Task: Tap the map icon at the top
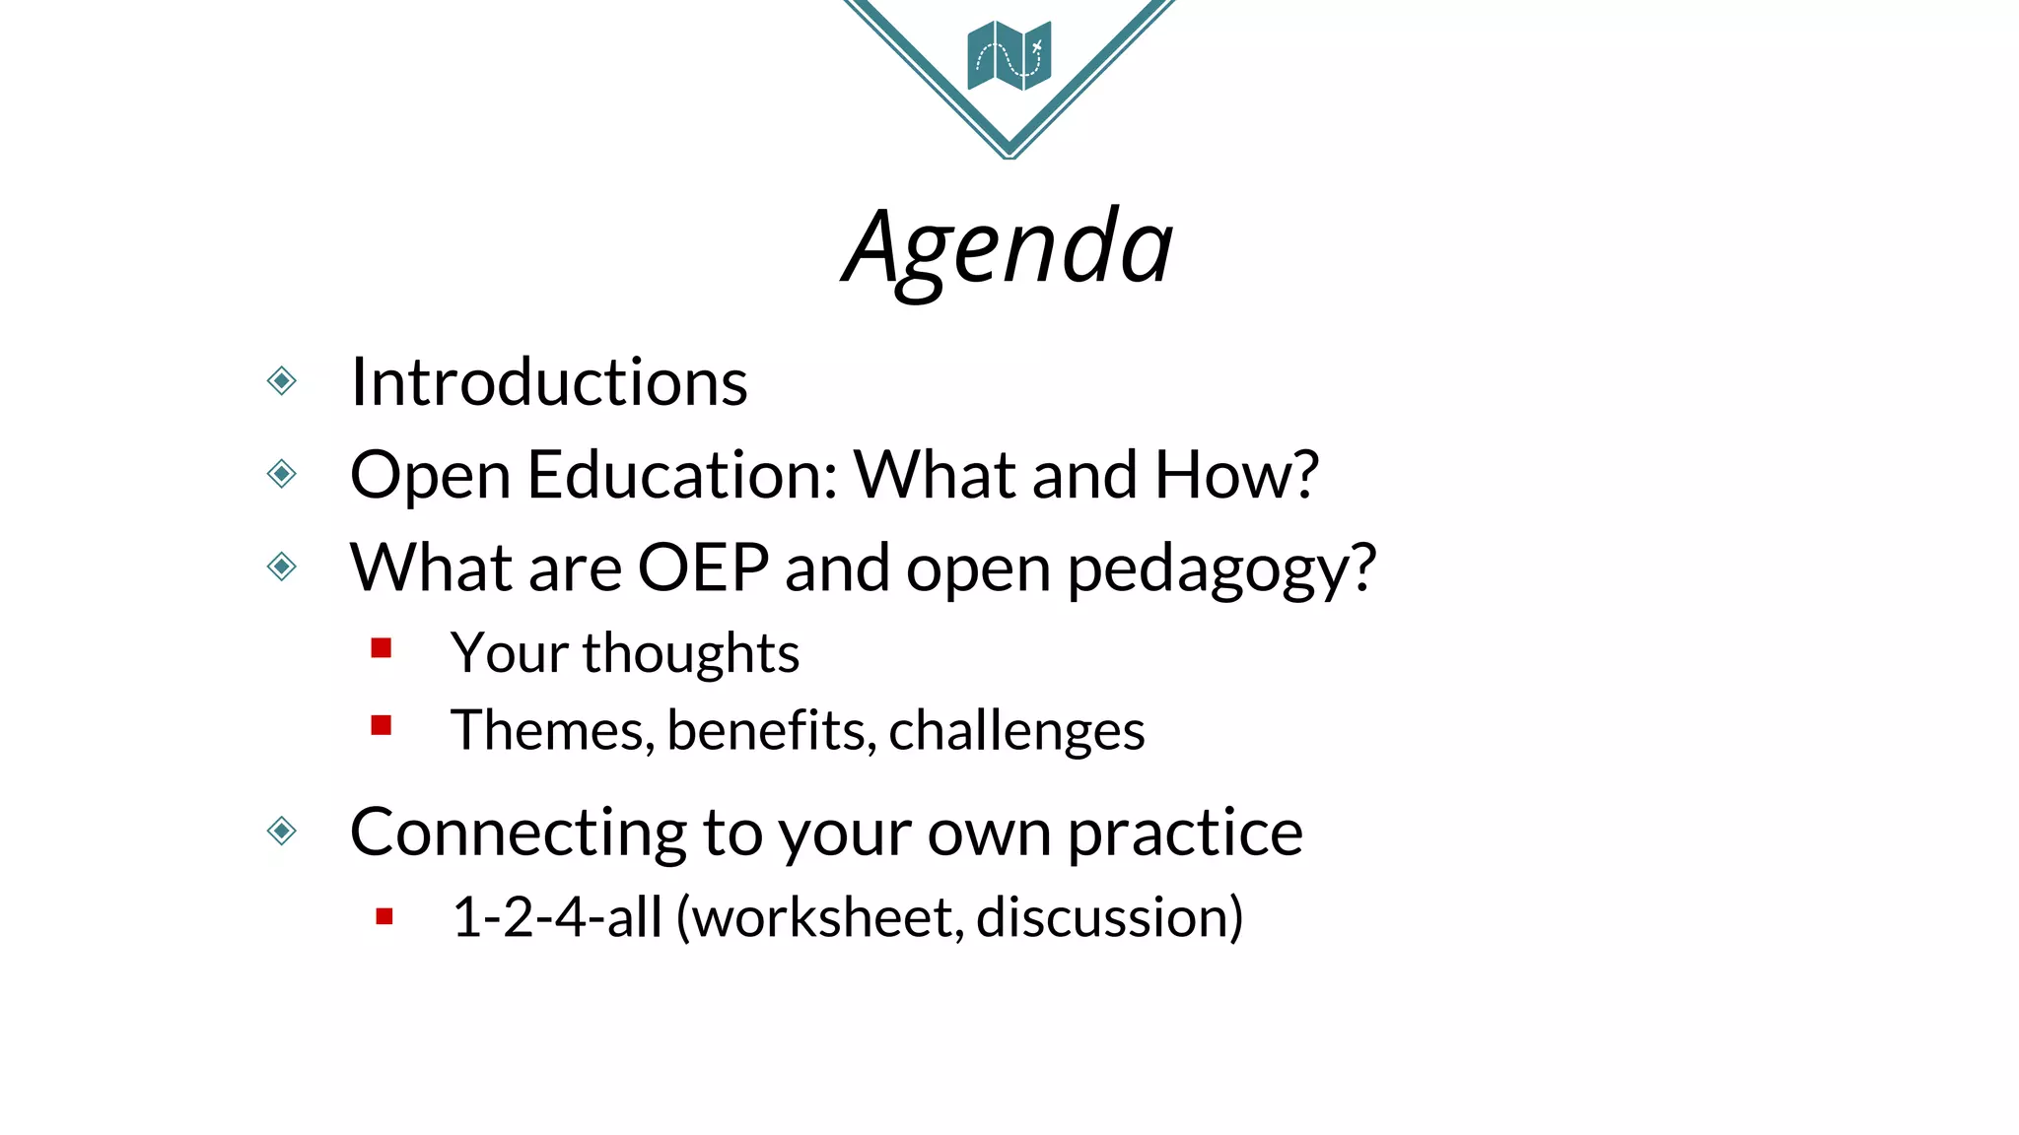pyautogui.click(x=1009, y=55)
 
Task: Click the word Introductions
pyautogui.click(x=549, y=382)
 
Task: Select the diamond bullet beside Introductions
pyautogui.click(x=282, y=380)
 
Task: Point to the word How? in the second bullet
pyautogui.click(x=1235, y=476)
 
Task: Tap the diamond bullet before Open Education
pyautogui.click(x=282, y=474)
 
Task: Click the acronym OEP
pyautogui.click(x=703, y=568)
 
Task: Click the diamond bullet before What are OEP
pyautogui.click(x=282, y=567)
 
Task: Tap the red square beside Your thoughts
pyautogui.click(x=382, y=648)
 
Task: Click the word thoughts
pyautogui.click(x=690, y=653)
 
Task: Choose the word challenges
pyautogui.click(x=1016, y=732)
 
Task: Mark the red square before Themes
pyautogui.click(x=382, y=726)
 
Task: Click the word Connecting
pyautogui.click(x=518, y=834)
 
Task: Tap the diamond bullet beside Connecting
pyautogui.click(x=282, y=831)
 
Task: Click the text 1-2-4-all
pyautogui.click(x=557, y=918)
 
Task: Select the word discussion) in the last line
pyautogui.click(x=1110, y=918)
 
